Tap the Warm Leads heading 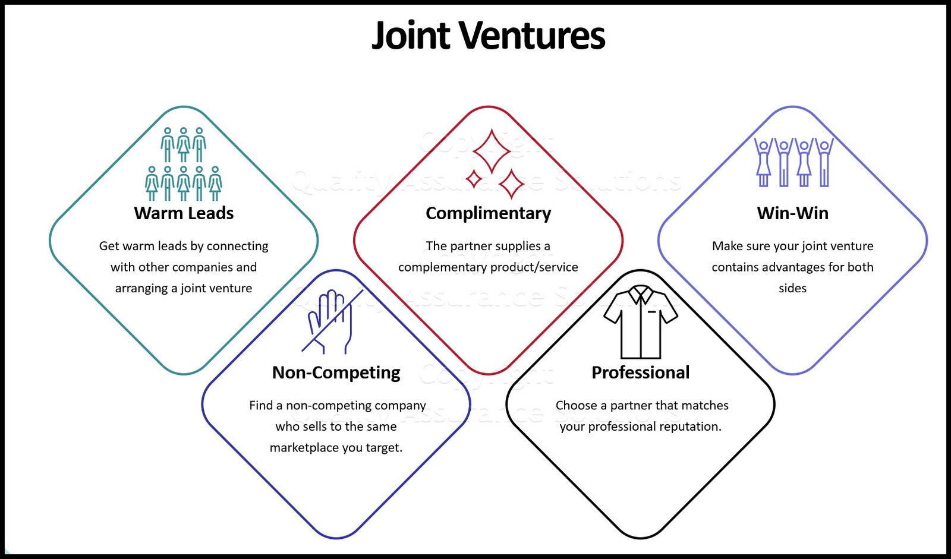[184, 213]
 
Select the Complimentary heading [488, 213]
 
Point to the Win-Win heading [793, 213]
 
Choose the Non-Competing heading [336, 372]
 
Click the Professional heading [640, 372]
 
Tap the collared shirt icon [641, 322]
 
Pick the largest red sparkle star [492, 151]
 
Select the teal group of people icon [184, 164]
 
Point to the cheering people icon [793, 162]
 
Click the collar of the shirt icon [641, 293]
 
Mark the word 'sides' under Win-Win [793, 288]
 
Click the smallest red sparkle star [474, 179]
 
